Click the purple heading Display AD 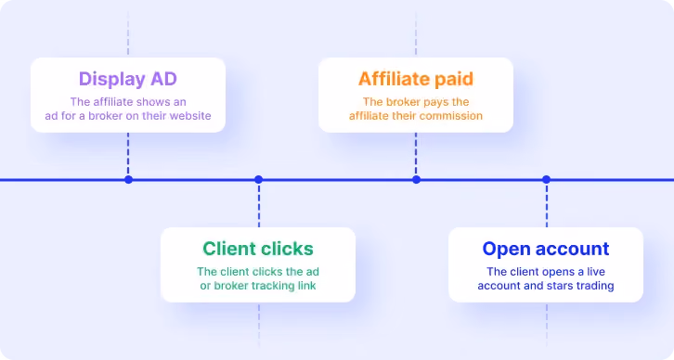point(128,79)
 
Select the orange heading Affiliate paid point(416,79)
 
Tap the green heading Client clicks point(258,249)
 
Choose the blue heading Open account point(546,250)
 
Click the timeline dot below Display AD point(128,180)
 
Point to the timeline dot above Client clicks point(258,180)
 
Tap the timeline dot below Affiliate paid point(416,180)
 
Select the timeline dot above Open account point(546,180)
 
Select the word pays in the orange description point(433,102)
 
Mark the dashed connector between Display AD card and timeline point(128,154)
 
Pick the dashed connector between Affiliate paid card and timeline point(416,154)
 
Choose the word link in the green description point(307,286)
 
